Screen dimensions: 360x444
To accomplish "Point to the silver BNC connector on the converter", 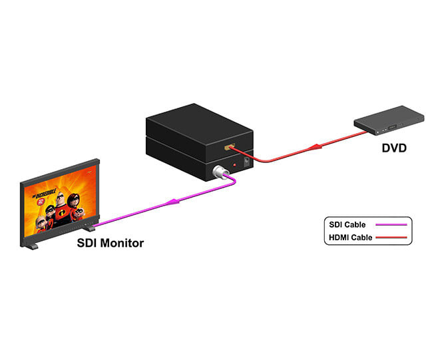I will [x=218, y=174].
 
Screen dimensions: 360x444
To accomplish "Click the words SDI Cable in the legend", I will [x=347, y=224].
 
